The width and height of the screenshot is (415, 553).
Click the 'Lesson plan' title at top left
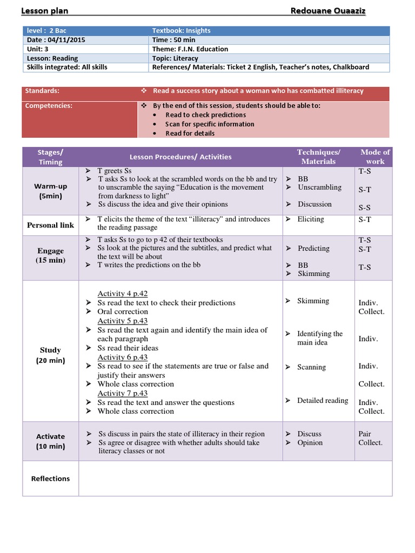click(x=44, y=11)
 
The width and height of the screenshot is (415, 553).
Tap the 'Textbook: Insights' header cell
click(x=182, y=31)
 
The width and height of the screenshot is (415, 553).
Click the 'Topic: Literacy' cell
click(x=175, y=58)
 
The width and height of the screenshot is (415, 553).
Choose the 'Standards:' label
click(x=42, y=91)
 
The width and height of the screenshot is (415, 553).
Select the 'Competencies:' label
click(x=49, y=106)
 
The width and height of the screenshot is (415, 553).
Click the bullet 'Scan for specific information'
click(x=210, y=124)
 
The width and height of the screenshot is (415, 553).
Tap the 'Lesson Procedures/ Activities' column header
click(x=180, y=157)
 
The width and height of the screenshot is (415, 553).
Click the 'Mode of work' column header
click(x=375, y=157)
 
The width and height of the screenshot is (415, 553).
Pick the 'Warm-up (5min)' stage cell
click(x=51, y=191)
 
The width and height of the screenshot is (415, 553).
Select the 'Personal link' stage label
click(x=51, y=225)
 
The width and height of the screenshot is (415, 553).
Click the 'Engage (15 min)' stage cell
click(x=51, y=255)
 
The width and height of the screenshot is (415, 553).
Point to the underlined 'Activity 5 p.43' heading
click(x=123, y=321)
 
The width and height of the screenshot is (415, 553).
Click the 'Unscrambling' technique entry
click(x=319, y=187)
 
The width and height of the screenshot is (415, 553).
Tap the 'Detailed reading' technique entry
click(x=323, y=400)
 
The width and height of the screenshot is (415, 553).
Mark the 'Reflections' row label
click(x=51, y=478)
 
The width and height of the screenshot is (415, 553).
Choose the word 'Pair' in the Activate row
click(x=365, y=434)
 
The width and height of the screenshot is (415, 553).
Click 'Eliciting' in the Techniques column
click(x=311, y=219)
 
